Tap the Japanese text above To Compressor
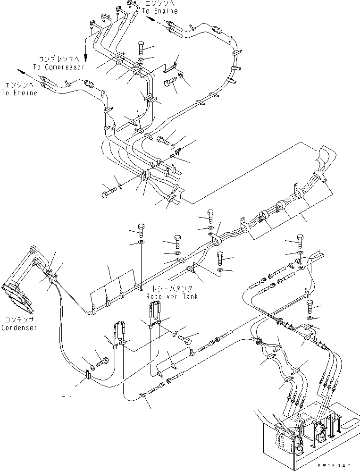click(x=60, y=59)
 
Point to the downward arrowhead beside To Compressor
click(x=85, y=59)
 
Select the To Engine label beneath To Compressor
click(x=19, y=93)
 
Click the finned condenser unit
click(x=17, y=297)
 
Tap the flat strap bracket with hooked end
click(x=171, y=65)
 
